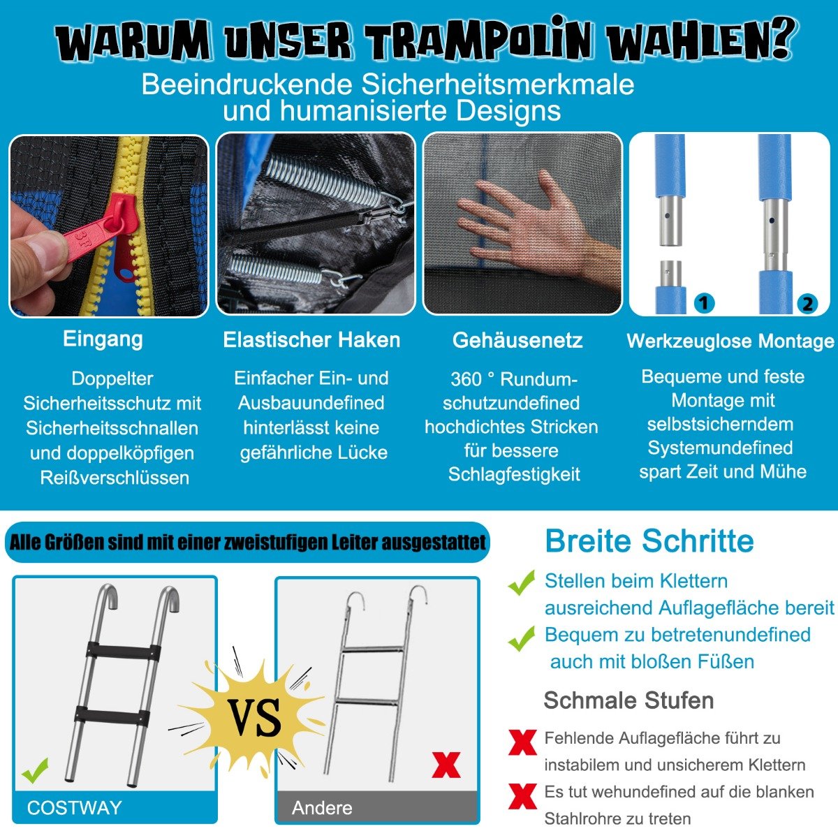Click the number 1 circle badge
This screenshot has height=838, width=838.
(x=705, y=302)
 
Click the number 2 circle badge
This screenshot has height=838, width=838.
(x=807, y=304)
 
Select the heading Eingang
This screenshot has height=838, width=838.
(x=103, y=339)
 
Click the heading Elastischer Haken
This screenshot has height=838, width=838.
(x=311, y=339)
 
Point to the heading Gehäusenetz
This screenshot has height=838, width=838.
(x=517, y=340)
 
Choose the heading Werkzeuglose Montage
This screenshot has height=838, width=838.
(x=730, y=341)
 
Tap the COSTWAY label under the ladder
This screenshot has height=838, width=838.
(x=74, y=807)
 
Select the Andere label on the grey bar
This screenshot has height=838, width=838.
(x=322, y=808)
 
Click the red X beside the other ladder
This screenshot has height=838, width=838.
(x=446, y=765)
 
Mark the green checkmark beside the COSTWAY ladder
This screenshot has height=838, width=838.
(x=35, y=770)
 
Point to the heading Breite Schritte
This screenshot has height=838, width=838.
(x=649, y=541)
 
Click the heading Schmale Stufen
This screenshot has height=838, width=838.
(x=628, y=700)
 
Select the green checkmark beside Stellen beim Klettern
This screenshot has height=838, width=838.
(x=522, y=582)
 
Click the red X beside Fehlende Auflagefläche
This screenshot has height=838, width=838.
(x=522, y=743)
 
